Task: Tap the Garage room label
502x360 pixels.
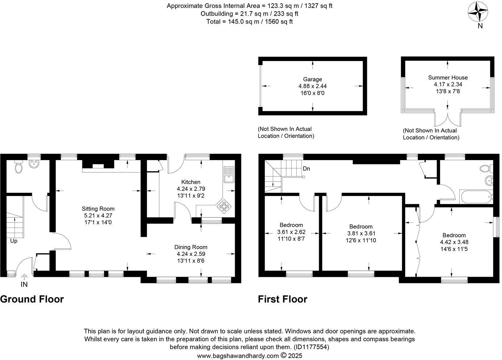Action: pos(312,79)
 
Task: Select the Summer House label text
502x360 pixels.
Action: pos(448,78)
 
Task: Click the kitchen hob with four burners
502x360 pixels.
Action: pos(224,206)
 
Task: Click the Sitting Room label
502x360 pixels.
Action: pos(98,209)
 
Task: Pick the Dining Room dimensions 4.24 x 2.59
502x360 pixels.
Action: pos(191,254)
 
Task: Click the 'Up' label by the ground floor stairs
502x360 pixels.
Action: pos(13,241)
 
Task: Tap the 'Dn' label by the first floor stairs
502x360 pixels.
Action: pos(306,169)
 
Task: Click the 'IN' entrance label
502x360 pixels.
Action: pos(24,285)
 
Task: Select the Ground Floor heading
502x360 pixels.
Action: pos(32,299)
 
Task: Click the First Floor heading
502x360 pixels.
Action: pos(283,299)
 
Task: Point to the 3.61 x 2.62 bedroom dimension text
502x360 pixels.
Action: pos(291,232)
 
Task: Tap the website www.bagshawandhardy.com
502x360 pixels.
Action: pos(238,356)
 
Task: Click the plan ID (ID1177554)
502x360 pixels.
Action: pos(311,347)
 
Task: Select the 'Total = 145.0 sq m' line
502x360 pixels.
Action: pos(250,21)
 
